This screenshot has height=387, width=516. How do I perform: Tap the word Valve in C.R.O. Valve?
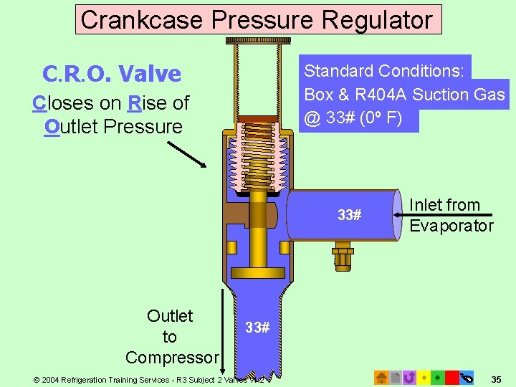pyautogui.click(x=150, y=73)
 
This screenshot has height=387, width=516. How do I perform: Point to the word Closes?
pyautogui.click(x=63, y=103)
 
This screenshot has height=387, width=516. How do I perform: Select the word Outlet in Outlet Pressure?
pyautogui.click(x=72, y=127)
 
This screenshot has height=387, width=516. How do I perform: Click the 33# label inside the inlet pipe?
pyautogui.click(x=349, y=215)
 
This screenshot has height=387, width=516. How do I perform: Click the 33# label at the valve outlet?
pyautogui.click(x=257, y=328)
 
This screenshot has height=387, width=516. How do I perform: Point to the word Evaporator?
pyautogui.click(x=451, y=226)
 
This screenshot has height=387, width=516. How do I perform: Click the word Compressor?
pyautogui.click(x=172, y=357)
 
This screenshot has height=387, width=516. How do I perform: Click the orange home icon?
pyautogui.click(x=382, y=377)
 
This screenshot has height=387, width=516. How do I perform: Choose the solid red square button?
pyautogui.click(x=451, y=377)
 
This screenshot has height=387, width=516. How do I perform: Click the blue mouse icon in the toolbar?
pyautogui.click(x=467, y=377)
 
